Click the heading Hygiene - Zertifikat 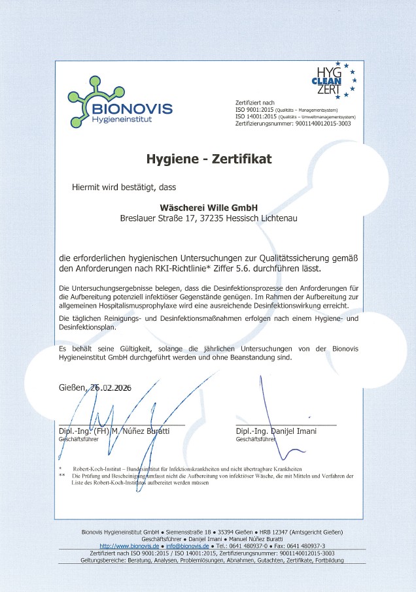208,158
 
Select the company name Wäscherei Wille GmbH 208,206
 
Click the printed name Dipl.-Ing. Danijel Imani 276,431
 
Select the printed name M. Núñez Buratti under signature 140,431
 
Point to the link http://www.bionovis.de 130,546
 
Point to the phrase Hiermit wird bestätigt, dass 124,188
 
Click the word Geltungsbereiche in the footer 105,559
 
